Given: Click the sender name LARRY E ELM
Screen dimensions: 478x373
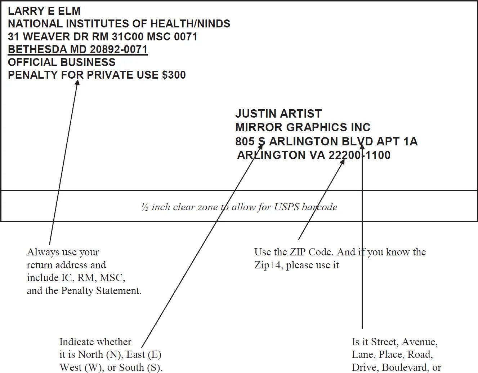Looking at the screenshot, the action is click(44, 11).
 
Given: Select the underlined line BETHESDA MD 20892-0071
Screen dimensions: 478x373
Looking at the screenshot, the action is click(77, 49).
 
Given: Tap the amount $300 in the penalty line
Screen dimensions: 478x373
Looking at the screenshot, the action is click(174, 75).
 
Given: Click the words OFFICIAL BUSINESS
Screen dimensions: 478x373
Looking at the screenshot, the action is click(62, 62).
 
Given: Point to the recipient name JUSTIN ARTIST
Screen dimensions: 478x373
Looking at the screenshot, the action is click(278, 114).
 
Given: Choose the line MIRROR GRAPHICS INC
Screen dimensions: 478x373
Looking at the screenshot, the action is click(303, 127).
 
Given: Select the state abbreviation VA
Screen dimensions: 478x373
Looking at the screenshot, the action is click(317, 155).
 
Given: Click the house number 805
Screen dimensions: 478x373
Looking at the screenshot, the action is click(245, 141).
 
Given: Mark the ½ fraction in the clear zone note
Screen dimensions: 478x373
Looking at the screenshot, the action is click(144, 207).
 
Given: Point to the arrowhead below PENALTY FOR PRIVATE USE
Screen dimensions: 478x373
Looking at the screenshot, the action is click(77, 83).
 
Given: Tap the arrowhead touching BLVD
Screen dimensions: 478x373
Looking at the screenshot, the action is click(362, 145).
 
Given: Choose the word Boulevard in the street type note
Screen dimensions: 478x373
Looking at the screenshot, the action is click(405, 368).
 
